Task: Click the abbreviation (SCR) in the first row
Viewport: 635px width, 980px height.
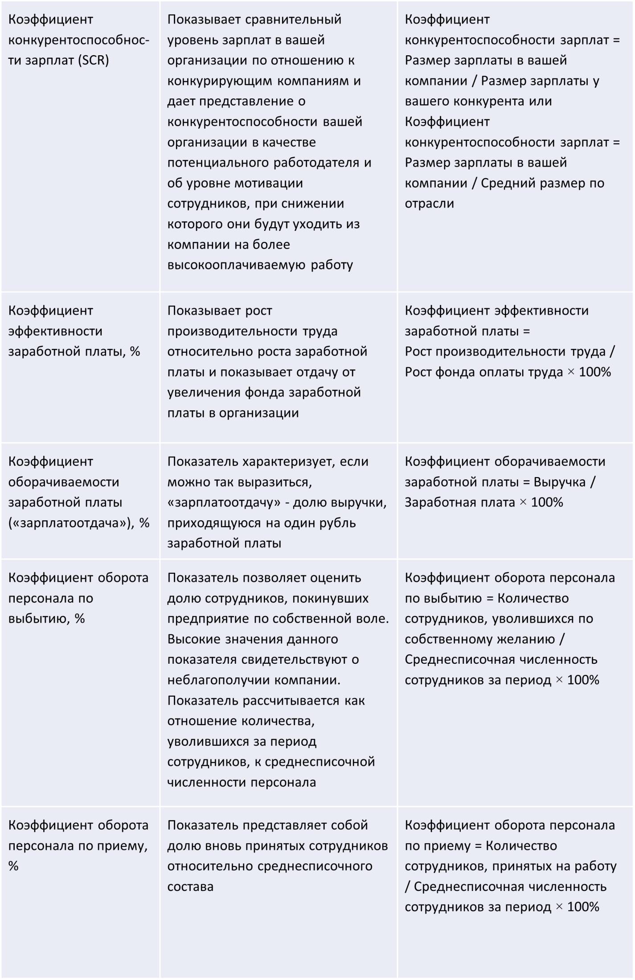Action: coord(93,60)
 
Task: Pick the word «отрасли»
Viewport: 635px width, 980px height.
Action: coord(429,204)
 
